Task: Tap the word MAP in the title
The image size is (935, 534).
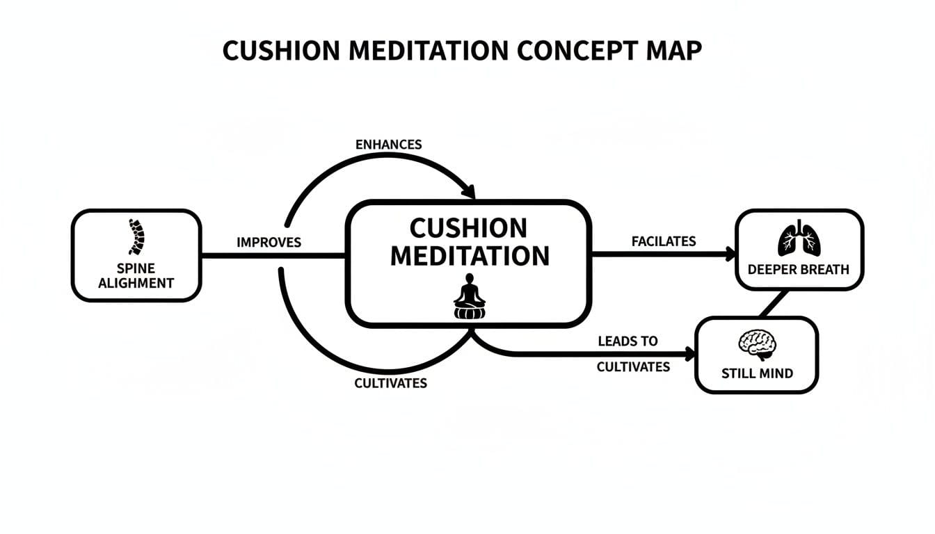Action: tap(673, 51)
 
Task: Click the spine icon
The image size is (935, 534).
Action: tap(136, 236)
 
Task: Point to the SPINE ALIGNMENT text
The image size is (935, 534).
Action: tap(136, 275)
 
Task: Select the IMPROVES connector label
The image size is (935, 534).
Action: tap(269, 243)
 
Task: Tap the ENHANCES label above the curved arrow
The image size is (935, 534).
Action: tap(388, 145)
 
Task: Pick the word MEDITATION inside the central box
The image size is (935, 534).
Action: tap(469, 255)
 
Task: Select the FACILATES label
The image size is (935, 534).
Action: tap(663, 241)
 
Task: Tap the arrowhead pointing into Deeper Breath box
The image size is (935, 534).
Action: tap(730, 254)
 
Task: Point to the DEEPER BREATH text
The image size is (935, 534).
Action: tap(799, 270)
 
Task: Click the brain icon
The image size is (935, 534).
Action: tap(757, 344)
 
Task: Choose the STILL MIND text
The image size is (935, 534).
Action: tap(757, 373)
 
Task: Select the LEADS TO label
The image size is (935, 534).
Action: tap(628, 341)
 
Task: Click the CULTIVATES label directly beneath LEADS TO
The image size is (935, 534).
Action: tap(633, 366)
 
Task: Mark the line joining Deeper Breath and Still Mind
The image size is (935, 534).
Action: tap(775, 304)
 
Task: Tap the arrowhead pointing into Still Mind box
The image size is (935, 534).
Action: tap(690, 354)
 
